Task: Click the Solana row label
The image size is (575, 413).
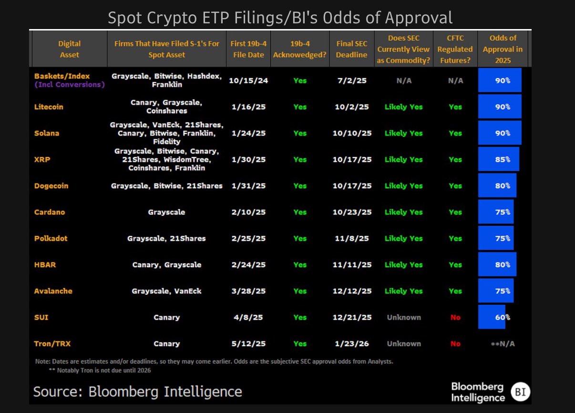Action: pos(47,133)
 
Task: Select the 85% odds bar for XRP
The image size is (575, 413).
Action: pos(499,160)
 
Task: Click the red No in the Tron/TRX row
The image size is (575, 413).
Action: pos(455,343)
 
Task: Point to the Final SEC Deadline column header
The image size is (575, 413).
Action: pos(352,49)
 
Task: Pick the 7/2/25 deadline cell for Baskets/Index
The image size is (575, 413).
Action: pos(352,81)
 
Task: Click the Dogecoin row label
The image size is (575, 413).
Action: pos(51,186)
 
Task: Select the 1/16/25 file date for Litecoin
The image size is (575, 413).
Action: pos(248,107)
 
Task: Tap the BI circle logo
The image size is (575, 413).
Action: pos(518,392)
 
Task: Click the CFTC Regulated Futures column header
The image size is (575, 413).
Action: pos(455,49)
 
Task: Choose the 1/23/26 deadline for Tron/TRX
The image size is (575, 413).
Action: pos(352,343)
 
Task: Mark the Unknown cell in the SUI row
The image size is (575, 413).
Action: pos(404,317)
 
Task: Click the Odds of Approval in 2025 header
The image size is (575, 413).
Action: pos(503,49)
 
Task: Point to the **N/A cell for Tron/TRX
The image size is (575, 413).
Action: pos(503,343)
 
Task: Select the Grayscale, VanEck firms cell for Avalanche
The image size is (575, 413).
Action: pos(166,291)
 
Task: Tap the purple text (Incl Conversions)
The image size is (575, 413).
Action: pos(70,85)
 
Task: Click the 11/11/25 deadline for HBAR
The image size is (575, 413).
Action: pos(352,265)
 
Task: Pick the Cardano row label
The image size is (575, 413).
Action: pos(49,212)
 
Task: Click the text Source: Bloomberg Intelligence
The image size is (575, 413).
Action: pos(137,392)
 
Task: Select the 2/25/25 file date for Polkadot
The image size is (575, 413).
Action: pos(248,238)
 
